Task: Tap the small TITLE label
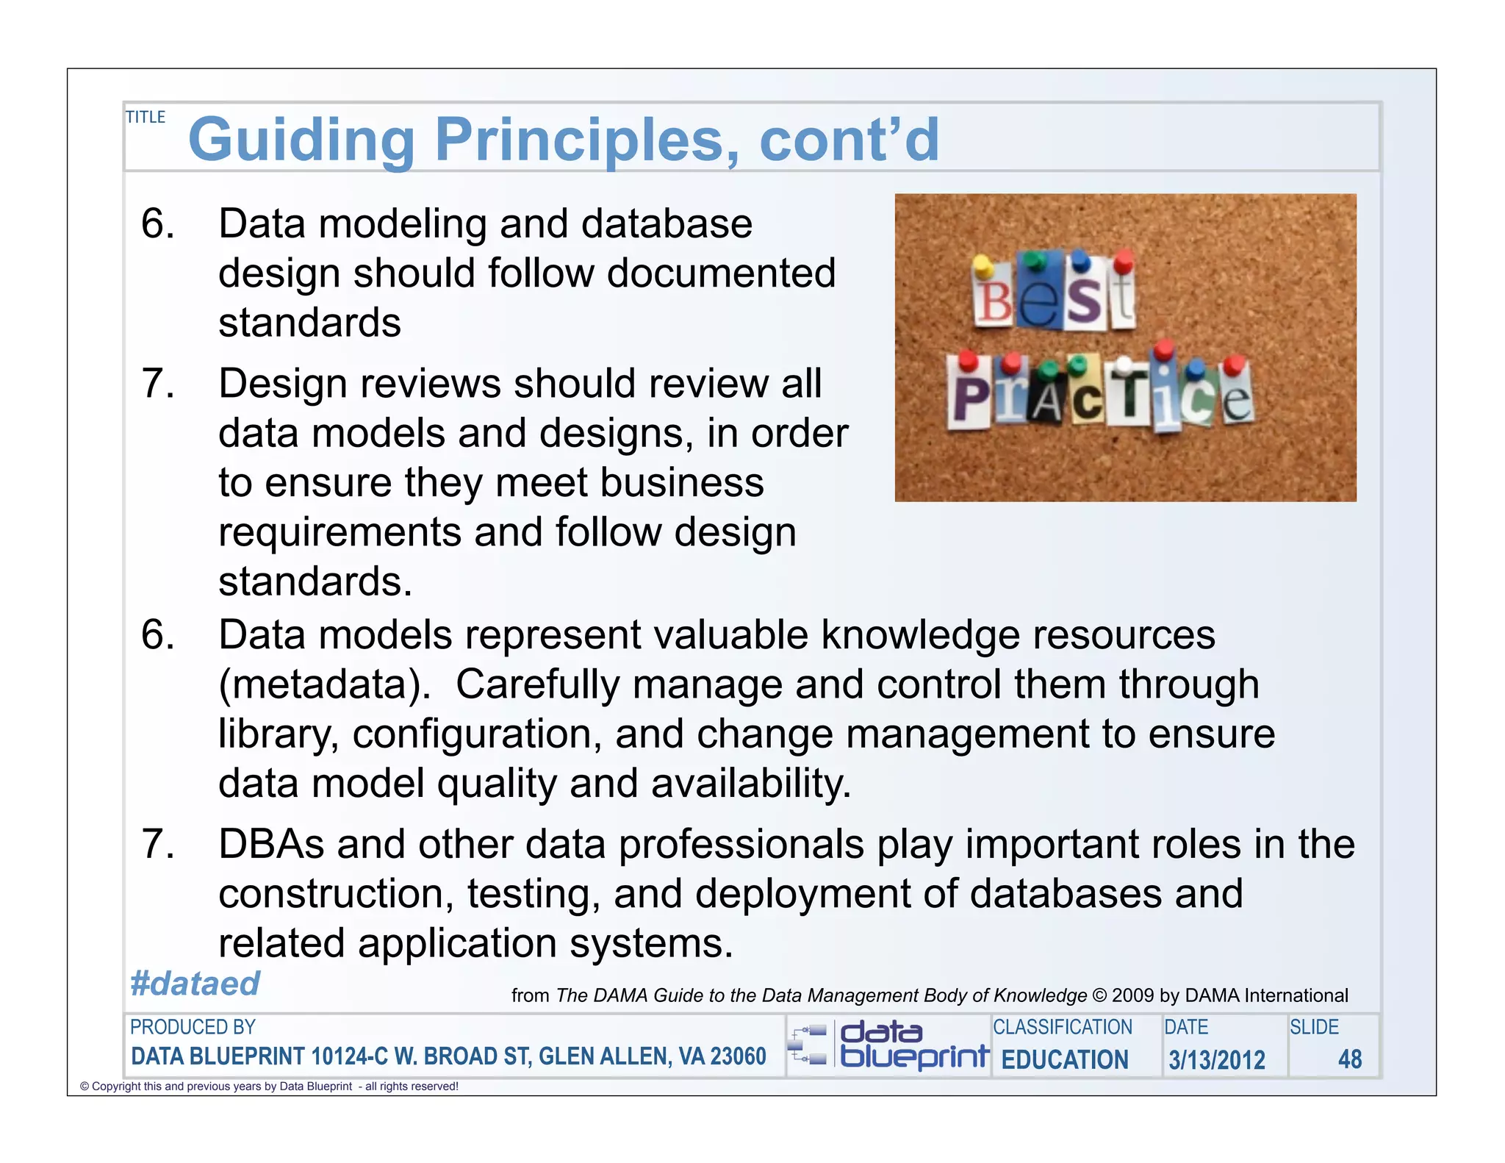tap(146, 117)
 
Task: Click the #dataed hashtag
tap(195, 984)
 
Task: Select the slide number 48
tap(1349, 1059)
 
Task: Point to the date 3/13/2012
tap(1217, 1059)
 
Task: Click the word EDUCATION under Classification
tap(1065, 1059)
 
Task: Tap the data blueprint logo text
tap(913, 1045)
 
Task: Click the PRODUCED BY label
tap(193, 1027)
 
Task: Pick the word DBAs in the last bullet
tap(271, 844)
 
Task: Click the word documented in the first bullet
tap(721, 273)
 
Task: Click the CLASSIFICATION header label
tap(1062, 1027)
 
